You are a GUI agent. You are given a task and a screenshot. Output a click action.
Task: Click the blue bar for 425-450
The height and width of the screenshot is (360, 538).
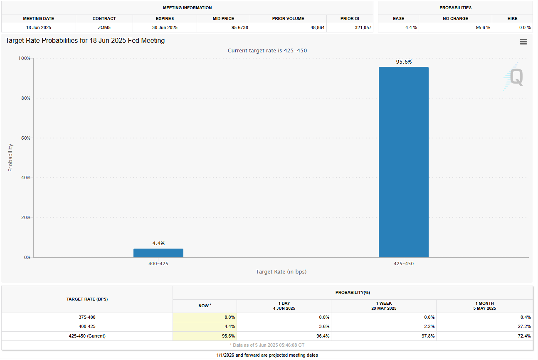[403, 162]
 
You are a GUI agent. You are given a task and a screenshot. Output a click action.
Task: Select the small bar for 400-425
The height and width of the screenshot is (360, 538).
[158, 253]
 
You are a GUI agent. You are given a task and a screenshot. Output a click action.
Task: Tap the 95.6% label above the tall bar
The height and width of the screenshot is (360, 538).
[403, 62]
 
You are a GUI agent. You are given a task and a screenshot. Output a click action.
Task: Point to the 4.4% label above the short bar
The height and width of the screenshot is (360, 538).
[158, 244]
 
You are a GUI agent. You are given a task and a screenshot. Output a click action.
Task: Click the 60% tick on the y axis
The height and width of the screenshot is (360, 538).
[25, 138]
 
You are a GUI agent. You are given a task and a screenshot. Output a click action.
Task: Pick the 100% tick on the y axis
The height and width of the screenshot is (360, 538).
[24, 59]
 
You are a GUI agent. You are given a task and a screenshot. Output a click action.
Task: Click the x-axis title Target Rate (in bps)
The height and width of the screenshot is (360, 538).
[281, 272]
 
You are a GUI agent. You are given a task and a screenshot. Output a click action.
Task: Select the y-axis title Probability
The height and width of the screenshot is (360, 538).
[10, 158]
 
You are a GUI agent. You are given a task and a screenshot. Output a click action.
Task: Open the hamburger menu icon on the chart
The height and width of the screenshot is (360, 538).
[523, 42]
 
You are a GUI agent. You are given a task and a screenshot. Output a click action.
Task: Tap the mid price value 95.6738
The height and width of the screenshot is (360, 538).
[223, 27]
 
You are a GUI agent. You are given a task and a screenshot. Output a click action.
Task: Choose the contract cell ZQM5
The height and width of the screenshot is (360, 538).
[104, 27]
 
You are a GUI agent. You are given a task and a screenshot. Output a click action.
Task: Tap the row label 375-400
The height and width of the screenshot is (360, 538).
[87, 318]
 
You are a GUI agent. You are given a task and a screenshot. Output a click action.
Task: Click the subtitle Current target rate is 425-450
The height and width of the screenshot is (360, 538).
[267, 51]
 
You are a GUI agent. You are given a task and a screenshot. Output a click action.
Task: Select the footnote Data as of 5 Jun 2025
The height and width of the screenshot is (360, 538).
[267, 345]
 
